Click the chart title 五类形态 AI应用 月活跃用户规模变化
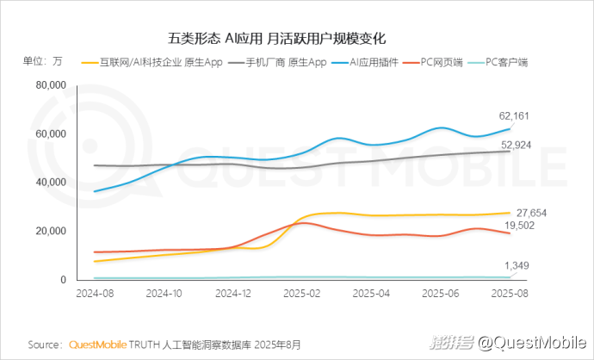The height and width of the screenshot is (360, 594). pyautogui.click(x=275, y=39)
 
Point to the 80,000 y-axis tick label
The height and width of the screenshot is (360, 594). pyautogui.click(x=51, y=85)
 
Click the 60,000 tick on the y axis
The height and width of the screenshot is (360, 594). pyautogui.click(x=51, y=134)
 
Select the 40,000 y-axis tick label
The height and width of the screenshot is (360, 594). pyautogui.click(x=51, y=183)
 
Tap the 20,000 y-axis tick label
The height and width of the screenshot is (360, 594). pyautogui.click(x=51, y=232)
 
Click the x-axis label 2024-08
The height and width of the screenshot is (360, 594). pyautogui.click(x=94, y=294)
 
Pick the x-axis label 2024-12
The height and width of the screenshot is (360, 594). pyautogui.click(x=232, y=294)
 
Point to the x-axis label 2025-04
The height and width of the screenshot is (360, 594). pyautogui.click(x=371, y=294)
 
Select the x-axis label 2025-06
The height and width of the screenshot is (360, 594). pyautogui.click(x=440, y=294)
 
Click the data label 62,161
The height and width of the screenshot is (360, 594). pyautogui.click(x=516, y=115)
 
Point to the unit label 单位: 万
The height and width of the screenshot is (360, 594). pyautogui.click(x=41, y=61)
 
